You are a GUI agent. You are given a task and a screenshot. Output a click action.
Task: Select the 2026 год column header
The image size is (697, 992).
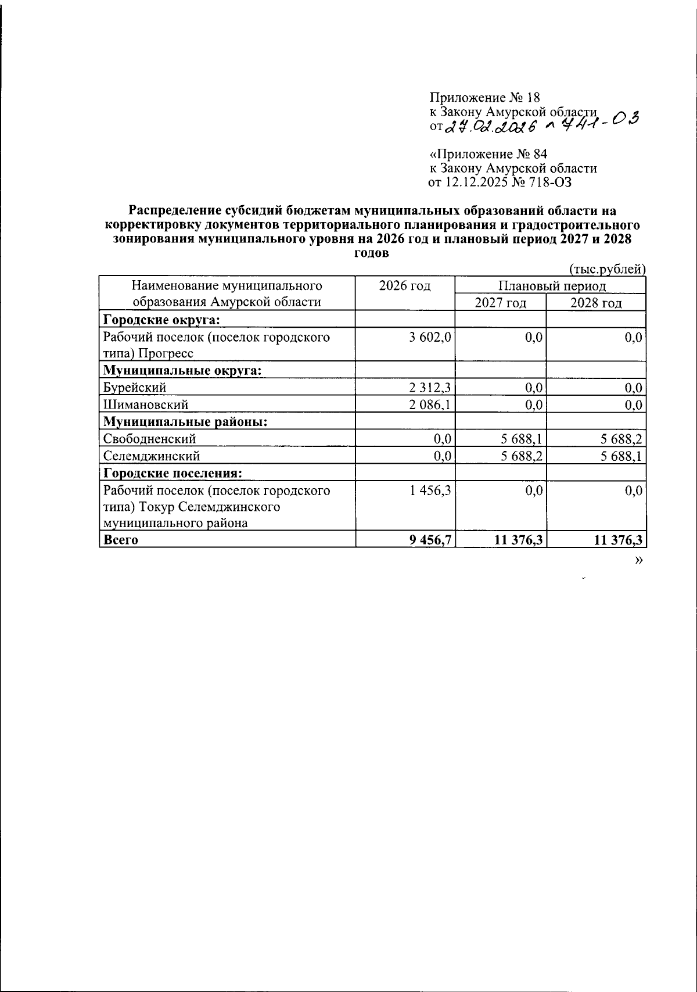coord(405,286)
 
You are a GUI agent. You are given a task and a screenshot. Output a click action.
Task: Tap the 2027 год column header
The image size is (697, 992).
coord(501,303)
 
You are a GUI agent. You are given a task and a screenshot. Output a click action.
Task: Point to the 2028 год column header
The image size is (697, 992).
coord(596,303)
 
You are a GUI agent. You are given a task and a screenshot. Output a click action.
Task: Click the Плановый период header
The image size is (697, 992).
coord(551,286)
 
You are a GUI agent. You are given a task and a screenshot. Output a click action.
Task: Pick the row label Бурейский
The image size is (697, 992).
coord(135,388)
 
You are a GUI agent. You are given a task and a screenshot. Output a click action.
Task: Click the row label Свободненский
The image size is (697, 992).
coord(149,439)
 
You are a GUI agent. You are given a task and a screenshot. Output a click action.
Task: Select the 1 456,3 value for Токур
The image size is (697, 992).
coord(430,490)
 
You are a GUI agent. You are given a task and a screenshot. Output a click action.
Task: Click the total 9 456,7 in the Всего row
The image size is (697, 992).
coord(430,540)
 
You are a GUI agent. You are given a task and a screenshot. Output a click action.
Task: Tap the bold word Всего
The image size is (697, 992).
coord(120,540)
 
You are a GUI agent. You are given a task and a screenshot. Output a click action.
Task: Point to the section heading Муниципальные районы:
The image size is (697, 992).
coord(185,422)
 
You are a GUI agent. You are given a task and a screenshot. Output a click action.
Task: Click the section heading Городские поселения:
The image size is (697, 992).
coord(173,473)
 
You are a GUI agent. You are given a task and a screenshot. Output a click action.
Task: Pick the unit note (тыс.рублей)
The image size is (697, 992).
coord(606,269)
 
